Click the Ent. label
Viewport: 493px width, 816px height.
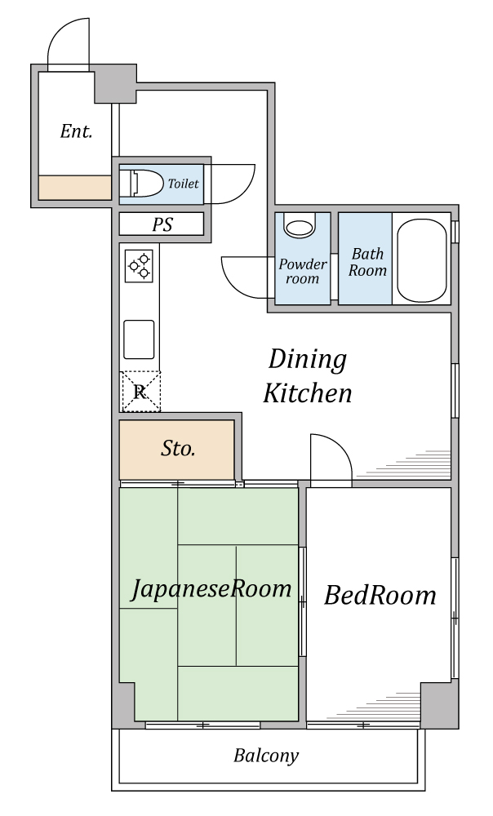[76, 131]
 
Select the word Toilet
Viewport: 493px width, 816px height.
[184, 183]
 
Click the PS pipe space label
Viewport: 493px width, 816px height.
[162, 225]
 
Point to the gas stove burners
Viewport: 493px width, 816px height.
[140, 266]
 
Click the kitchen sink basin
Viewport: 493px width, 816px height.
[139, 339]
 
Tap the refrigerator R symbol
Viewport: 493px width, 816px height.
[140, 392]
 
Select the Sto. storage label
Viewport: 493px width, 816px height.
[178, 449]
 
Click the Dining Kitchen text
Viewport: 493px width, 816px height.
[308, 376]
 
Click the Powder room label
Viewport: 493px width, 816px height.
[303, 271]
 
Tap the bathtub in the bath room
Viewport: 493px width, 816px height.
[422, 259]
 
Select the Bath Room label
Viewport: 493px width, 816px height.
[367, 262]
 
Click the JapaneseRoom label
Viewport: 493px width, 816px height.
[211, 588]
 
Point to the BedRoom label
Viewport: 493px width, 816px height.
[380, 595]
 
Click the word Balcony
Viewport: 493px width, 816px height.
[266, 756]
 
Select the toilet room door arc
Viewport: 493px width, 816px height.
[243, 191]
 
